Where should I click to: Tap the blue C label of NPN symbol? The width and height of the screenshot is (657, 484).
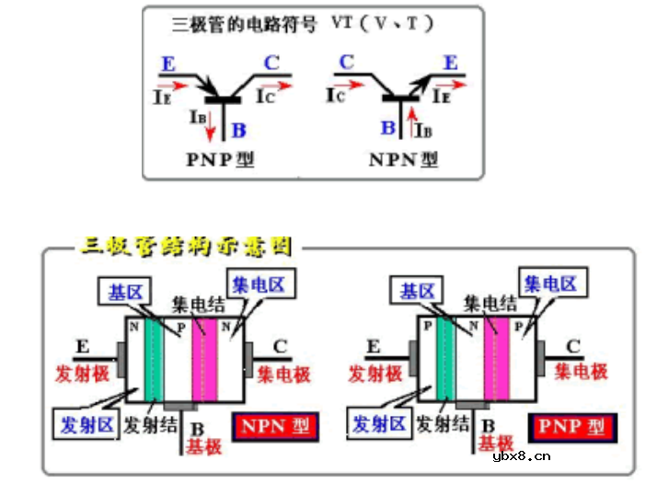(x=346, y=63)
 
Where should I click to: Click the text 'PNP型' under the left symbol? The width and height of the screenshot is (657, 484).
(x=218, y=159)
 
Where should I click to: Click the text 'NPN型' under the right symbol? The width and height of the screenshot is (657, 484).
(x=403, y=159)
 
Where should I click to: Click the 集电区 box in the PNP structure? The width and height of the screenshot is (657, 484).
(x=549, y=282)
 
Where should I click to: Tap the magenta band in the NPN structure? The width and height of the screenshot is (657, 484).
(x=203, y=362)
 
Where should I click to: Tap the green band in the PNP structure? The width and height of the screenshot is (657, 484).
(x=445, y=362)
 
